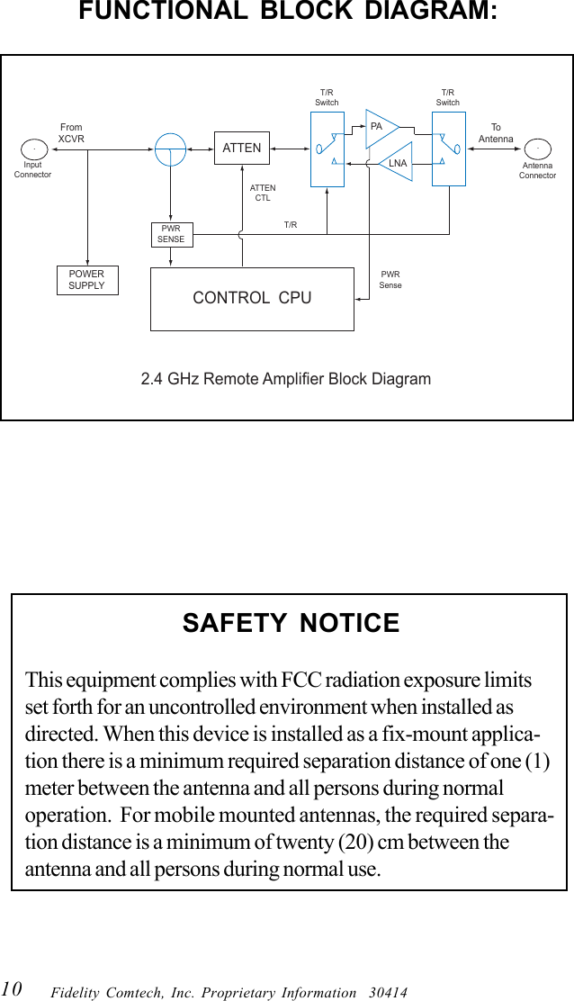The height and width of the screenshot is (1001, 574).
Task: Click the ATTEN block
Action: click(242, 148)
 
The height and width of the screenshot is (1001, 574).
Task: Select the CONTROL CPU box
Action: click(252, 298)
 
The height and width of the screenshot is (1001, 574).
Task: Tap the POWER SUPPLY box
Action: click(87, 280)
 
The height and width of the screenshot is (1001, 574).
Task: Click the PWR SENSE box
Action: click(171, 234)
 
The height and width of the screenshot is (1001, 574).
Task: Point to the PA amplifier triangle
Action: click(380, 128)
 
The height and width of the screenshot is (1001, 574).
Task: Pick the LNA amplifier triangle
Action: click(394, 162)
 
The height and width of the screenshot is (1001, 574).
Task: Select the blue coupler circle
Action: click(170, 149)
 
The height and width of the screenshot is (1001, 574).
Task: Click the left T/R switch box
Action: click(327, 149)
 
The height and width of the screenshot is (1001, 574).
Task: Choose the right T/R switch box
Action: click(448, 149)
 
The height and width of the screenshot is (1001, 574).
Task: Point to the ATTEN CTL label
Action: click(263, 193)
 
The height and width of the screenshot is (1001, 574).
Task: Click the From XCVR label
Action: click(71, 133)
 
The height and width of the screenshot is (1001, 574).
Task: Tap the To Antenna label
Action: click(496, 133)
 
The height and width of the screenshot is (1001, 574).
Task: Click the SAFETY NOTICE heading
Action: click(291, 623)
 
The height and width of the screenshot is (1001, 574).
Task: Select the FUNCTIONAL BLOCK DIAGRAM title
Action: click(288, 13)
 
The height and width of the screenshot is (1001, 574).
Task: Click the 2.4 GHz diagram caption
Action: click(286, 379)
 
